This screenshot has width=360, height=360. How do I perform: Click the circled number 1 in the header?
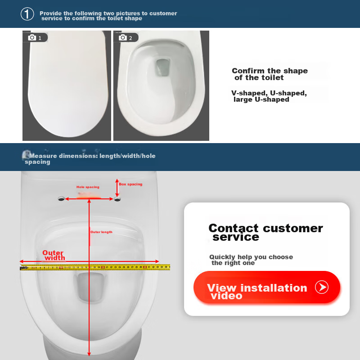tap(27, 14)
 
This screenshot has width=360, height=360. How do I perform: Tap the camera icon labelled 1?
tap(32, 37)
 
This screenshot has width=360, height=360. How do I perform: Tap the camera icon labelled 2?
tap(123, 37)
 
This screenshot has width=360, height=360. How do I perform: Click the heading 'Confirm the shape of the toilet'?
tap(270, 74)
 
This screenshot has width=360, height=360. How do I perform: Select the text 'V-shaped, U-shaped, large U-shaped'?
tap(269, 96)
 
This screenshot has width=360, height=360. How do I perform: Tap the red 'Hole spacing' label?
tap(88, 187)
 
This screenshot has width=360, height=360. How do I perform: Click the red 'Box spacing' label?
tap(130, 184)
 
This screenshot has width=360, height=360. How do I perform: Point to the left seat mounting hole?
tap(61, 198)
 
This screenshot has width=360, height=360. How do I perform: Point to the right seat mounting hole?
tap(117, 198)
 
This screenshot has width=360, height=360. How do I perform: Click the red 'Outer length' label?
tap(101, 232)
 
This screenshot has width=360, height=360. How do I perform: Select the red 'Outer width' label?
tap(54, 256)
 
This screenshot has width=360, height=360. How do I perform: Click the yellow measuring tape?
tap(94, 267)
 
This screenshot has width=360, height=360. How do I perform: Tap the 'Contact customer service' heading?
tap(265, 232)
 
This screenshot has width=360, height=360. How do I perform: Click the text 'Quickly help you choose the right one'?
tap(251, 260)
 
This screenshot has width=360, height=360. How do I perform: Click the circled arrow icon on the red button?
tap(322, 287)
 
